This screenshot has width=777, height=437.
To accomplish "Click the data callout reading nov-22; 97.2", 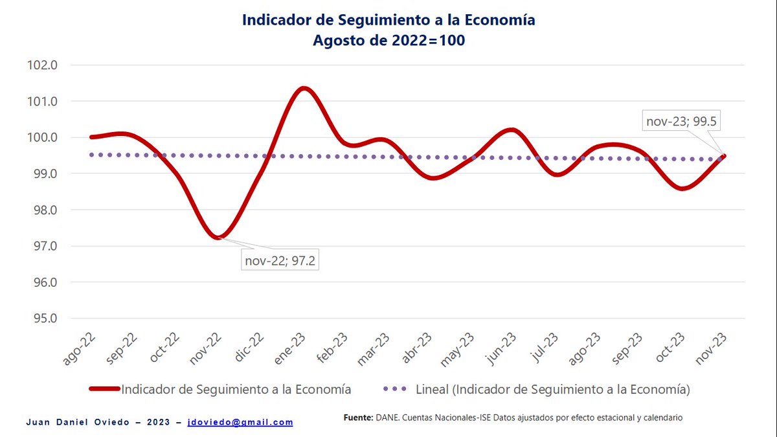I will point(280,261).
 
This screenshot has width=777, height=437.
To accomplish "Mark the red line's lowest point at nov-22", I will point(219,238).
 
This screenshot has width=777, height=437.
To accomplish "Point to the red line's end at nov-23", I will point(723,155).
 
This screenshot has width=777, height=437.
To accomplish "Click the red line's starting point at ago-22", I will point(91,137).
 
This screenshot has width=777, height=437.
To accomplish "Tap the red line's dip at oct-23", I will point(683,188).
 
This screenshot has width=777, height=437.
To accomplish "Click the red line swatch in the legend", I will point(103,389).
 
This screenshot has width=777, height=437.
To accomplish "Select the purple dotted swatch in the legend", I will point(395,389).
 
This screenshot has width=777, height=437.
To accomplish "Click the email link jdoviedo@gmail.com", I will point(240,422).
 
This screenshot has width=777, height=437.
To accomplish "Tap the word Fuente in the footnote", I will point(358,418).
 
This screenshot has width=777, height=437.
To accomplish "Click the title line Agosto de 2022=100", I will point(388,40).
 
